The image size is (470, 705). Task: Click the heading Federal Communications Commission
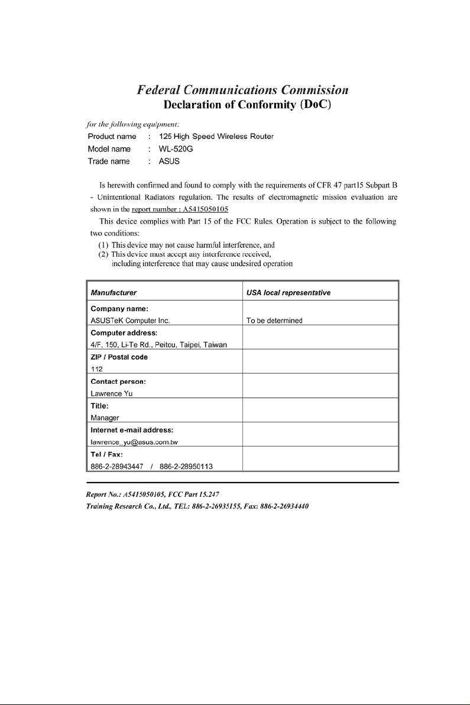tap(242, 90)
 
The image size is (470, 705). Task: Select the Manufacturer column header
tap(114, 292)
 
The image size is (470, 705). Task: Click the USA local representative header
tap(288, 292)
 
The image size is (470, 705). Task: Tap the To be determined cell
tap(274, 321)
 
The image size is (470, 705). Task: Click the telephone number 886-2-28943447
tap(114, 466)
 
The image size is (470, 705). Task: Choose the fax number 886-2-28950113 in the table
tap(178, 466)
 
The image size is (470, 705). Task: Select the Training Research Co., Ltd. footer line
tap(198, 507)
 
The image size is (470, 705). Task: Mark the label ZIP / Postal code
tap(119, 357)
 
